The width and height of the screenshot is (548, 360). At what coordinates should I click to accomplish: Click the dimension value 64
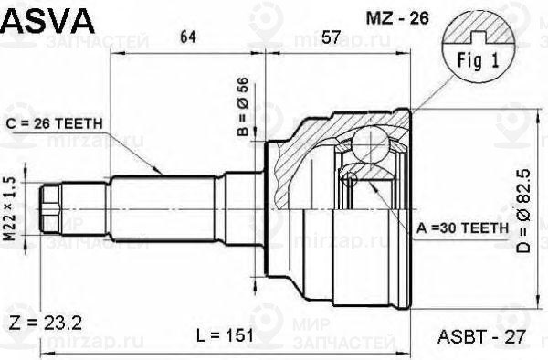187,37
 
